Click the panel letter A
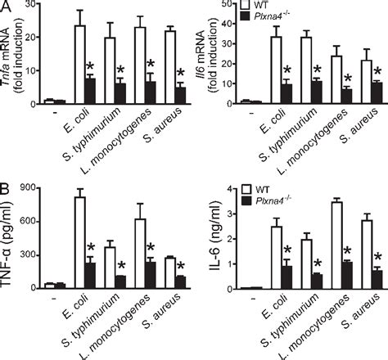click(7, 7)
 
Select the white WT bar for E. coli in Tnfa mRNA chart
click(79, 65)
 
